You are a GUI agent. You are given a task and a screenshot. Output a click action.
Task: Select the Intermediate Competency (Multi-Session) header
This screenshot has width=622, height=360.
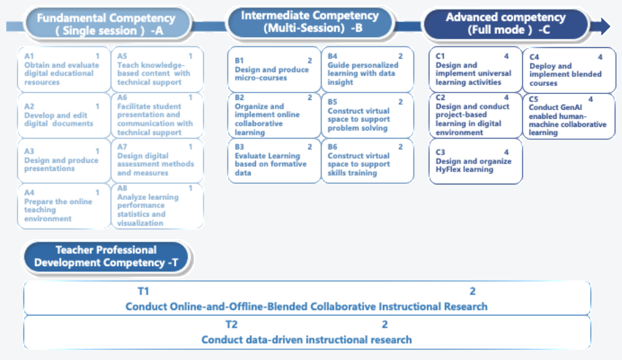coord(309,22)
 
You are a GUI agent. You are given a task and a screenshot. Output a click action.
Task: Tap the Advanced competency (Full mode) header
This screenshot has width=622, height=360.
coord(504,24)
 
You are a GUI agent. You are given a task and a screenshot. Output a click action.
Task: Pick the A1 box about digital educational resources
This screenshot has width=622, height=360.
coord(63,70)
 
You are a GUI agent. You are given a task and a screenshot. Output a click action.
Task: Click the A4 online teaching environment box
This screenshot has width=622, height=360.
coord(63,206)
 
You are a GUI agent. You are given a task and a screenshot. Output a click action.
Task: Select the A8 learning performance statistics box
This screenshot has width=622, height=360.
coord(157,206)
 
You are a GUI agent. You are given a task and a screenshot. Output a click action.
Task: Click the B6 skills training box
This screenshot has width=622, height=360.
coord(367,160)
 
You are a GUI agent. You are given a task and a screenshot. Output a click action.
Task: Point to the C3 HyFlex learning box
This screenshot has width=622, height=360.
coord(475,161)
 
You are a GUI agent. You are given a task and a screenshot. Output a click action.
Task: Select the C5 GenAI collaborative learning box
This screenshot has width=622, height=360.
coord(568,115)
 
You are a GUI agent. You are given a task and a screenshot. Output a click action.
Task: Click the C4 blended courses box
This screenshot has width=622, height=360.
coord(568,70)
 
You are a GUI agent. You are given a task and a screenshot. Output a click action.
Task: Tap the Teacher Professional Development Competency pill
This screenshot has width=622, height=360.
coord(107,257)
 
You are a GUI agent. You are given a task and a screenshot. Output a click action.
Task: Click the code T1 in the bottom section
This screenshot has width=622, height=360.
coord(142,291)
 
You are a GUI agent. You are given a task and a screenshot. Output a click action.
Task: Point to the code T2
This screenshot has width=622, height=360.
coord(232,324)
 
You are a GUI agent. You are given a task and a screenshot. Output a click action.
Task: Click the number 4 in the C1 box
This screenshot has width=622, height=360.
coord(506,57)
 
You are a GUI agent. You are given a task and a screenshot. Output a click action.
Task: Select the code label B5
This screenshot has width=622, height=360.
coord(333,101)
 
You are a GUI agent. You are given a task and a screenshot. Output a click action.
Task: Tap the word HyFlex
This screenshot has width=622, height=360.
coord(450,170)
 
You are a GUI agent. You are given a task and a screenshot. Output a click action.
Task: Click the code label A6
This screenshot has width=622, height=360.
coord(122,97)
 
